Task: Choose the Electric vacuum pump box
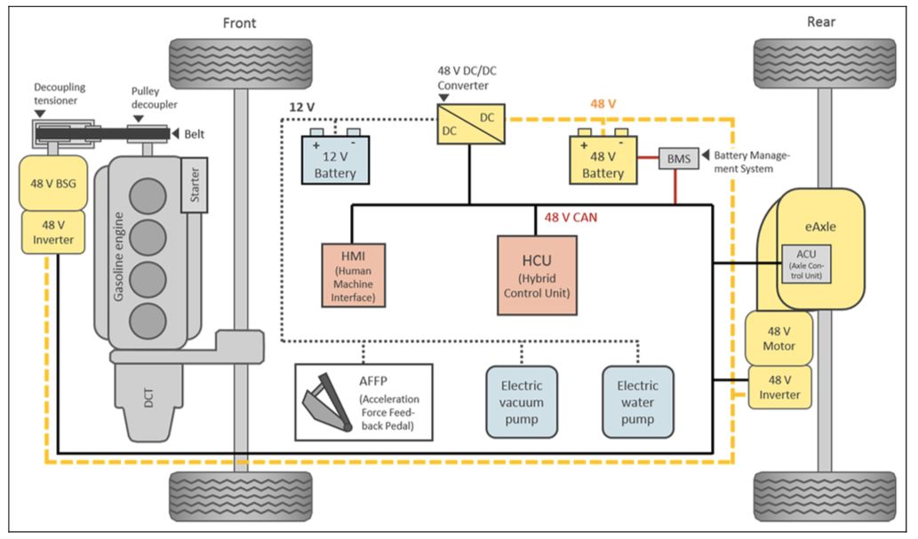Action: click(x=522, y=401)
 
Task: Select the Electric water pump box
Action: click(x=638, y=401)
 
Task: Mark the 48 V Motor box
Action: click(x=778, y=337)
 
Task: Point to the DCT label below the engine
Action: click(x=148, y=401)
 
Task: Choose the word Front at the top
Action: click(x=240, y=22)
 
